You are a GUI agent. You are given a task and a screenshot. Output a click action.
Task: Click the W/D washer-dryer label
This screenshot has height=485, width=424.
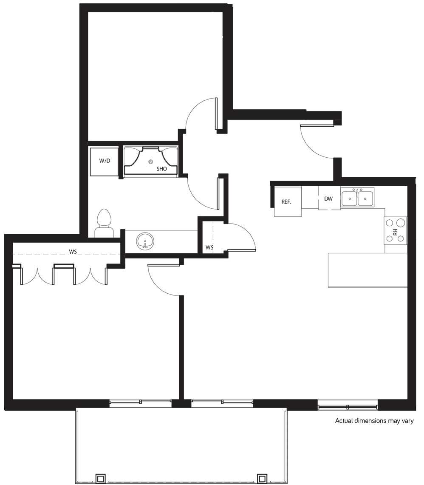[105, 161]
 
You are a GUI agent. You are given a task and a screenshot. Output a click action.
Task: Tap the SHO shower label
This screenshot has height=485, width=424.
[161, 169]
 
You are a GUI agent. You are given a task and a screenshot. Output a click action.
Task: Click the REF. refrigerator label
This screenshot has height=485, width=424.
[287, 202]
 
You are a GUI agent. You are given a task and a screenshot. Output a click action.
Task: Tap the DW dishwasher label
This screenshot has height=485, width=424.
[328, 199]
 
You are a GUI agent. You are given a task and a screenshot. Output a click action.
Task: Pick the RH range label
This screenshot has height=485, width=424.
[395, 232]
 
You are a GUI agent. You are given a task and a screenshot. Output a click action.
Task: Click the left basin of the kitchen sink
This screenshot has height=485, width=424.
[350, 198]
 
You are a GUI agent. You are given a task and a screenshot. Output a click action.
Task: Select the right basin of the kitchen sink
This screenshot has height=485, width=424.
[365, 198]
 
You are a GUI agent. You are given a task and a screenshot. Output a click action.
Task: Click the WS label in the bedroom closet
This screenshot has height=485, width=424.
[73, 252]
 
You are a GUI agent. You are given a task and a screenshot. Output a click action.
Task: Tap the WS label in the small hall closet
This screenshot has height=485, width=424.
[209, 247]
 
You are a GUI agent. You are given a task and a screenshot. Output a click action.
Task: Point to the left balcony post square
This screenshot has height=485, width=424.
[100, 479]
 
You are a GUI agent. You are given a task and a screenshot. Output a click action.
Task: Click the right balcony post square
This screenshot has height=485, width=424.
[262, 479]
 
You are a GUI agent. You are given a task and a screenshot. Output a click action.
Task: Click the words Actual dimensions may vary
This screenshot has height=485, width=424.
[374, 421]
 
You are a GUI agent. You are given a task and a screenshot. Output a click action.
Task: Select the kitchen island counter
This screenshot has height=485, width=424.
[367, 270]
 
